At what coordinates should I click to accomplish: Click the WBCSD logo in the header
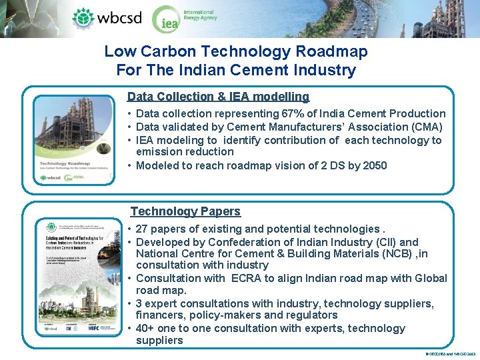pyautogui.click(x=107, y=18)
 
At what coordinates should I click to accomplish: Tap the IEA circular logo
pyautogui.click(x=166, y=20)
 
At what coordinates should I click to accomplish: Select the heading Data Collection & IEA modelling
pyautogui.click(x=218, y=97)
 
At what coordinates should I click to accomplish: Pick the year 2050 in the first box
pyautogui.click(x=375, y=165)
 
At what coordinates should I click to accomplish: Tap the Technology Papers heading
pyautogui.click(x=185, y=211)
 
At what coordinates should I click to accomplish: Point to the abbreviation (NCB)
pyautogui.click(x=394, y=254)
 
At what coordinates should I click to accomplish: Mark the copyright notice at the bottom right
pyautogui.click(x=449, y=353)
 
